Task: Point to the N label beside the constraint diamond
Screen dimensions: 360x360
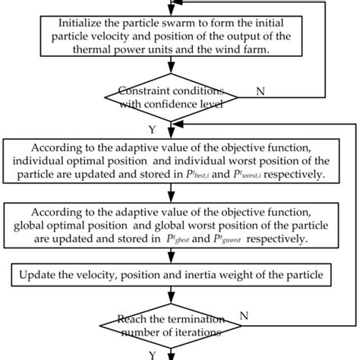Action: (x=261, y=91)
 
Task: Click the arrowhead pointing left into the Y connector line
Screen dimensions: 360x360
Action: (x=185, y=128)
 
